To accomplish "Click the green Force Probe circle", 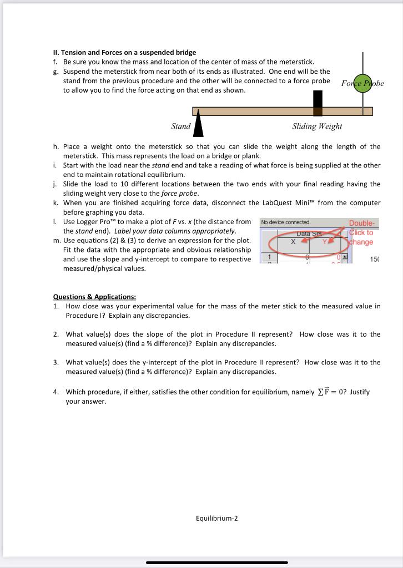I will pyautogui.click(x=362, y=83).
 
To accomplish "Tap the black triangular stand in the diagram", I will pyautogui.click(x=198, y=127).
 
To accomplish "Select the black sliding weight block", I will pyautogui.click(x=318, y=103).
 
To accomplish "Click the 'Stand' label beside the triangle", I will pyautogui.click(x=180, y=126).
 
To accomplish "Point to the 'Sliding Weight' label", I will pyautogui.click(x=317, y=126).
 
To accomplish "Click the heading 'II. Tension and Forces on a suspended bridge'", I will pyautogui.click(x=124, y=52).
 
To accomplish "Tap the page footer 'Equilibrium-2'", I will pyautogui.click(x=216, y=519).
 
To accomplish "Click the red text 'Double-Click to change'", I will pyautogui.click(x=361, y=232).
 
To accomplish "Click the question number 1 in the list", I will pyautogui.click(x=56, y=306).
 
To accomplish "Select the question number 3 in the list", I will pyautogui.click(x=56, y=362).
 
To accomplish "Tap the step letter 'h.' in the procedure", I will pyautogui.click(x=56, y=146).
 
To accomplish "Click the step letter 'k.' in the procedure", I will pyautogui.click(x=56, y=203).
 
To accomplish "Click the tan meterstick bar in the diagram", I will pyautogui.click(x=255, y=111).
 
